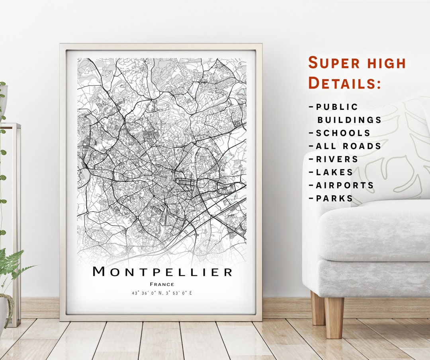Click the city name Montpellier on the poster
click(162, 272)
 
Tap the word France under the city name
click(162, 284)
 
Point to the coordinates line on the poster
click(162, 293)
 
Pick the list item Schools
click(343, 133)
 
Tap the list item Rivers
click(337, 159)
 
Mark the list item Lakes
click(334, 172)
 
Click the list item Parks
click(334, 198)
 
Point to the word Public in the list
click(337, 107)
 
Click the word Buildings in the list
click(349, 120)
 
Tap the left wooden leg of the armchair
click(318, 308)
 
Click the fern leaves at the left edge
click(12, 265)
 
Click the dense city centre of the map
click(169, 179)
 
